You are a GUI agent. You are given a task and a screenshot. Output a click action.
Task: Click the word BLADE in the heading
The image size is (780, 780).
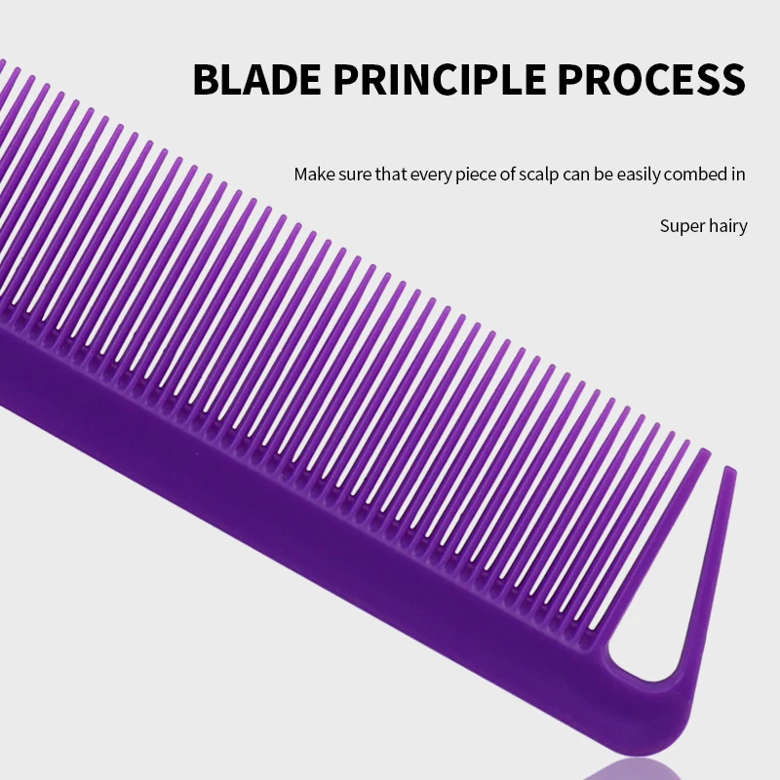pyautogui.click(x=256, y=79)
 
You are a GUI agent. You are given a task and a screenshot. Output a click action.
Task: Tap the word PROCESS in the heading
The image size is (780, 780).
pyautogui.click(x=651, y=79)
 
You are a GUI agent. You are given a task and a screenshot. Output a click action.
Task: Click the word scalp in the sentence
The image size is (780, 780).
pyautogui.click(x=539, y=175)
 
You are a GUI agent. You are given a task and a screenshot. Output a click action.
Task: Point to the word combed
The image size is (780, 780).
pyautogui.click(x=695, y=175)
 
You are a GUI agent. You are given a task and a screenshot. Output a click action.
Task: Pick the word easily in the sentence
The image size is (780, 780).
pyautogui.click(x=639, y=175)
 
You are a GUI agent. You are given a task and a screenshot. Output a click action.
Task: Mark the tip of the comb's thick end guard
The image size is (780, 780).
pyautogui.click(x=729, y=469)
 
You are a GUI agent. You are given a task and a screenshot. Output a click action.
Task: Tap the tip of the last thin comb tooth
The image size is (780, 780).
pyautogui.click(x=705, y=450)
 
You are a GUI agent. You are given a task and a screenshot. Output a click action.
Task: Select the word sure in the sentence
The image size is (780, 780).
pyautogui.click(x=355, y=175)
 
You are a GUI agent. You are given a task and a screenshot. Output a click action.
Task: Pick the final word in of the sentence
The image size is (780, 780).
pyautogui.click(x=738, y=175)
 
